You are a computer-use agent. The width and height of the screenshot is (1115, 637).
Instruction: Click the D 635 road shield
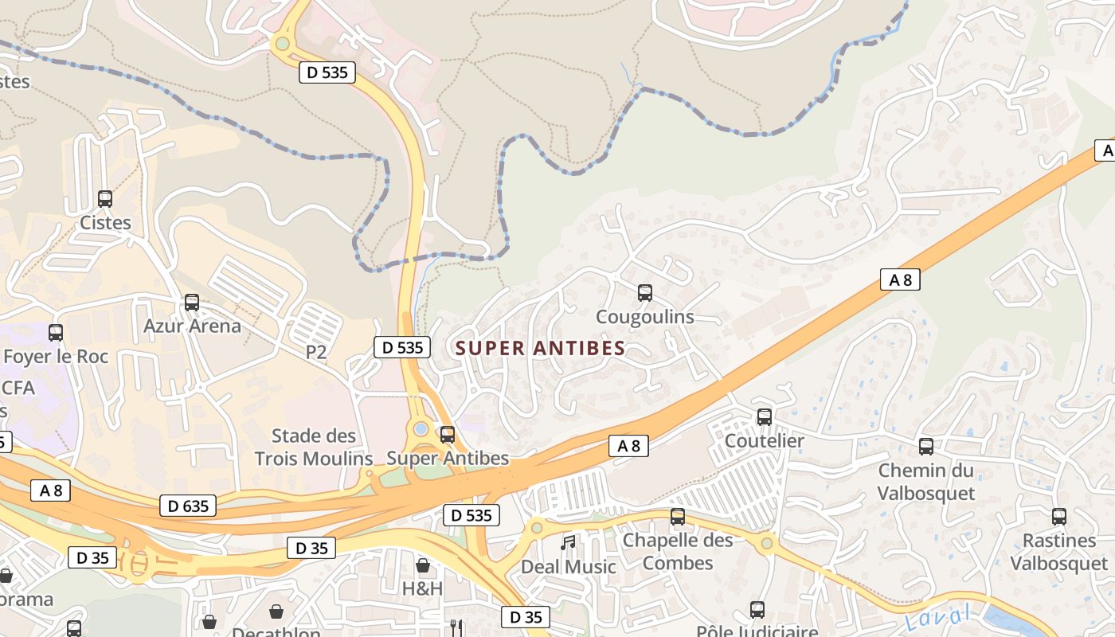coord(188,506)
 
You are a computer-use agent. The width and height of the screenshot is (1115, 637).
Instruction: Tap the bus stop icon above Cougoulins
coord(645,293)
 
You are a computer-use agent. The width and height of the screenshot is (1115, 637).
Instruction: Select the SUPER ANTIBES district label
coord(540,349)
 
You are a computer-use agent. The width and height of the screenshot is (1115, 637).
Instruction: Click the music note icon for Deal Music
coord(568,543)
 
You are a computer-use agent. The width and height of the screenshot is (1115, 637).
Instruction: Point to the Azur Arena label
coord(192,326)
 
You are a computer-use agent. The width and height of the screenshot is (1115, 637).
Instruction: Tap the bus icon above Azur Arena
coord(192,303)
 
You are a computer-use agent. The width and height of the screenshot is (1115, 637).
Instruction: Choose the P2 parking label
coord(316,352)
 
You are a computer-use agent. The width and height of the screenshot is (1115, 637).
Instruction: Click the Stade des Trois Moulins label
coord(314,447)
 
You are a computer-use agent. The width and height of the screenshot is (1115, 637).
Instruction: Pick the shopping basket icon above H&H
coord(423,565)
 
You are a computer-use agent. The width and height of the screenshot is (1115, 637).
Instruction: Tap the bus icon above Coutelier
coord(765,416)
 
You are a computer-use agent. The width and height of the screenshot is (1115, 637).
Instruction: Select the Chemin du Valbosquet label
coord(925,481)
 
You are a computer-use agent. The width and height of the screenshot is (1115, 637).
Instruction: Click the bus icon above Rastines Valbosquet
coord(1059,516)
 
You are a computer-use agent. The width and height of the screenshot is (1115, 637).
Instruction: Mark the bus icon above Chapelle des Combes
coord(678,516)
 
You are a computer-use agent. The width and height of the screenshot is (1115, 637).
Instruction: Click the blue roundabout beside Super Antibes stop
coord(421,429)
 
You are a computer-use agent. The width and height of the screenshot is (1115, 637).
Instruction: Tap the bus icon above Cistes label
coord(105,199)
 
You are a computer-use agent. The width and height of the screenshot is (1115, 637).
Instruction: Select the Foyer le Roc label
coord(56,356)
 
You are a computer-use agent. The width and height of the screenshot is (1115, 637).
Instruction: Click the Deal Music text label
coord(568,567)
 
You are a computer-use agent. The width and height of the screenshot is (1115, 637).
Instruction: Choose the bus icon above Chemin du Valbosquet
coord(925,446)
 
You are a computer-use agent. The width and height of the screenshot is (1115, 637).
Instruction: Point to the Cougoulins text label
coord(645,317)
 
